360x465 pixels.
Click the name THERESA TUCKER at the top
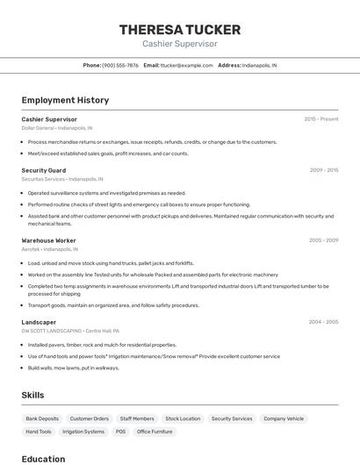[179, 30]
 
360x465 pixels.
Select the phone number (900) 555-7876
[120, 65]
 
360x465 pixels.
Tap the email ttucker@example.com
[187, 65]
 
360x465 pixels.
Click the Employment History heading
[65, 100]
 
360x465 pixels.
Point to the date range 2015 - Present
[320, 119]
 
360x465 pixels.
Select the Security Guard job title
[44, 170]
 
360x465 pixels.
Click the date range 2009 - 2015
[323, 170]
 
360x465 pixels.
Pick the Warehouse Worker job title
[49, 240]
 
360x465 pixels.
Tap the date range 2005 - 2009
[323, 240]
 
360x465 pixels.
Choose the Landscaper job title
[39, 322]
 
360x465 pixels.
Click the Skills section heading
[33, 395]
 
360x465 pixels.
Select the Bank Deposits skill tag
[42, 418]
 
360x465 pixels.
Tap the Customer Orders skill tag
[90, 418]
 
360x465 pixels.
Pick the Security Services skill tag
[232, 418]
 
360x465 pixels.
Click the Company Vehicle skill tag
[284, 418]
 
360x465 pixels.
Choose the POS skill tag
[120, 432]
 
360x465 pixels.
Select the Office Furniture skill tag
[155, 432]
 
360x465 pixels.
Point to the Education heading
[44, 459]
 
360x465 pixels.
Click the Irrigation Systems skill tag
[83, 432]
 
